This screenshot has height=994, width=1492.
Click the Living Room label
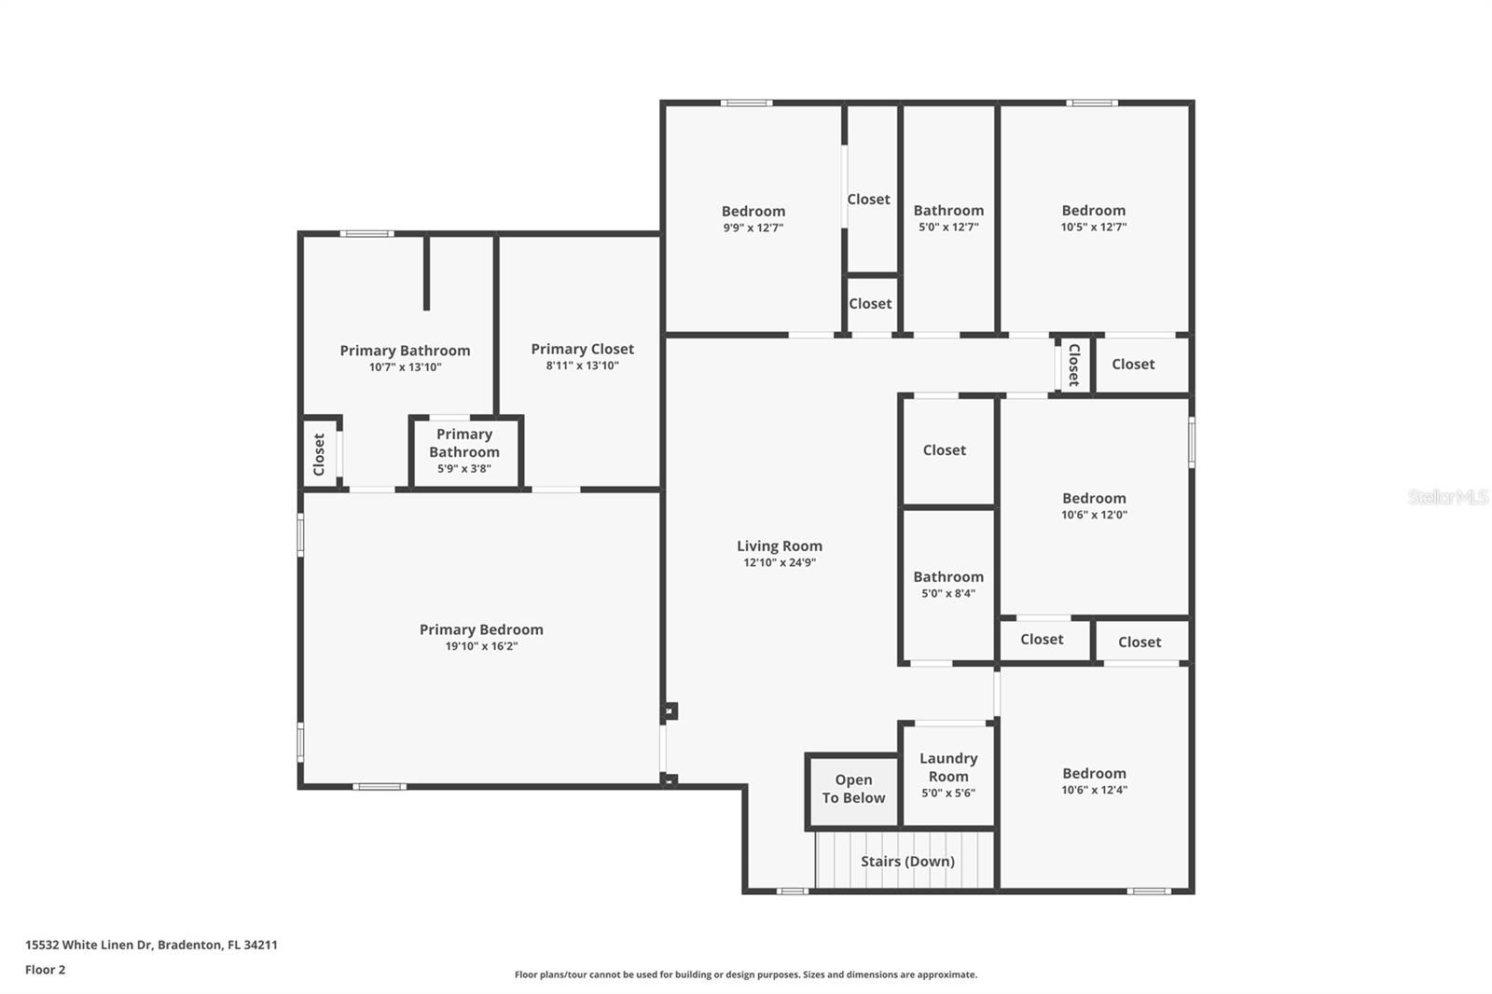coord(780,546)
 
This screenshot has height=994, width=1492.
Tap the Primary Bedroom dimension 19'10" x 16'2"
coord(481,646)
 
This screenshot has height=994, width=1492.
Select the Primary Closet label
coord(582,349)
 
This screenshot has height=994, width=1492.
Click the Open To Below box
coord(853,789)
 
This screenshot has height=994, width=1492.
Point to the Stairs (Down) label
coord(907,861)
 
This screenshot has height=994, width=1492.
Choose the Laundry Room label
coord(948,767)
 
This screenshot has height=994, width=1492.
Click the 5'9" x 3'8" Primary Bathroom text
coord(464,469)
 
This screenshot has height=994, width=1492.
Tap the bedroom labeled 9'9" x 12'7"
coord(753,218)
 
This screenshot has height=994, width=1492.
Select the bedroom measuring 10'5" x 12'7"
coord(1093,217)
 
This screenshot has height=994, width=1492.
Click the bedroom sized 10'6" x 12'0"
coord(1094,505)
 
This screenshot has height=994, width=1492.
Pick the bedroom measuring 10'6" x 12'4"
coord(1094,780)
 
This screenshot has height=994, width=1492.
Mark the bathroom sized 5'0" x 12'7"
coord(948,217)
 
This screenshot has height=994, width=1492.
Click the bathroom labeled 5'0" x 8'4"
coord(948,584)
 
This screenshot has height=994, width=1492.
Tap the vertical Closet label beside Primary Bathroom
coord(319,454)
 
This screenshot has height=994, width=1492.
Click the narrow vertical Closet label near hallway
coord(1073,365)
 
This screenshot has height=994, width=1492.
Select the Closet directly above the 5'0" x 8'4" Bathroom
coord(944,450)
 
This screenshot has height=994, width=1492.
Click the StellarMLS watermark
coord(1447,497)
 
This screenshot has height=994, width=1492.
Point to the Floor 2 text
coord(45,970)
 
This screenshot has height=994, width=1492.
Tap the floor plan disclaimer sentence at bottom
coord(746,974)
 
